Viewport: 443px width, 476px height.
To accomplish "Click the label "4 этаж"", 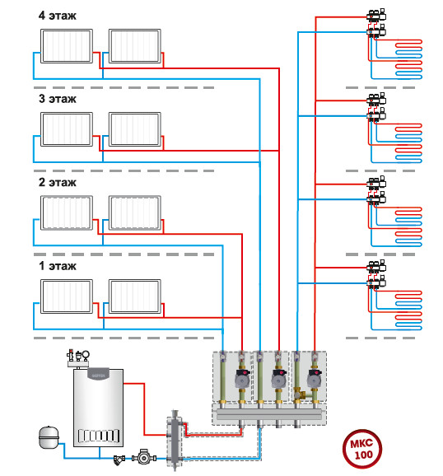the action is (x=57, y=16).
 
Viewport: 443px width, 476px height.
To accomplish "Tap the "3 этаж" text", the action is (x=58, y=99).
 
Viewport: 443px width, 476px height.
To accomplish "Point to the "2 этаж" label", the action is (x=58, y=182).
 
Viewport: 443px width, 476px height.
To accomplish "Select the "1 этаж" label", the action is (x=58, y=266).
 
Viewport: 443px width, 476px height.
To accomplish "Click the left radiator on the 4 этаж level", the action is (x=67, y=46).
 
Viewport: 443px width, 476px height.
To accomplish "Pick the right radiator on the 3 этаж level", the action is (x=135, y=129).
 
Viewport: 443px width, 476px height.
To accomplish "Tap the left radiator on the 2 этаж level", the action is (x=67, y=212).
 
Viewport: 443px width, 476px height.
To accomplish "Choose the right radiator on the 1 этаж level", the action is (x=135, y=296).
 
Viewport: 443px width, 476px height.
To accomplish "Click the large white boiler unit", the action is (x=98, y=408).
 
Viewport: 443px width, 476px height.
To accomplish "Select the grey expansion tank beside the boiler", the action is (x=49, y=437).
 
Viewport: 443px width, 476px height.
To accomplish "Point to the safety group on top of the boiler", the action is (x=78, y=358).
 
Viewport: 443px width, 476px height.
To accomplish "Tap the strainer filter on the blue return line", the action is (x=119, y=460).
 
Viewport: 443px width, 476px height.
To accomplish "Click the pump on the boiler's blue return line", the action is (x=144, y=457).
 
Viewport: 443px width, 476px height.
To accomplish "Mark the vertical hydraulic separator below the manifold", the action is (x=175, y=440).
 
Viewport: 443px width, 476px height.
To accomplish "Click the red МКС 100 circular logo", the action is (x=362, y=449).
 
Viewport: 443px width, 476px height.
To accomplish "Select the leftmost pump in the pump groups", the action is (x=242, y=378).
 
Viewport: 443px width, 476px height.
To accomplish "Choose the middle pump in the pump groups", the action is (x=279, y=378).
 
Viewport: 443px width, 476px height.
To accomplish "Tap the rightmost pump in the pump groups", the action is (x=315, y=378).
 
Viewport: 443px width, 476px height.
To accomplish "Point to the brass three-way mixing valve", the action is (x=298, y=394).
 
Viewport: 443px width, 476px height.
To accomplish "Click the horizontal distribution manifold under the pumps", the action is (x=269, y=414).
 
